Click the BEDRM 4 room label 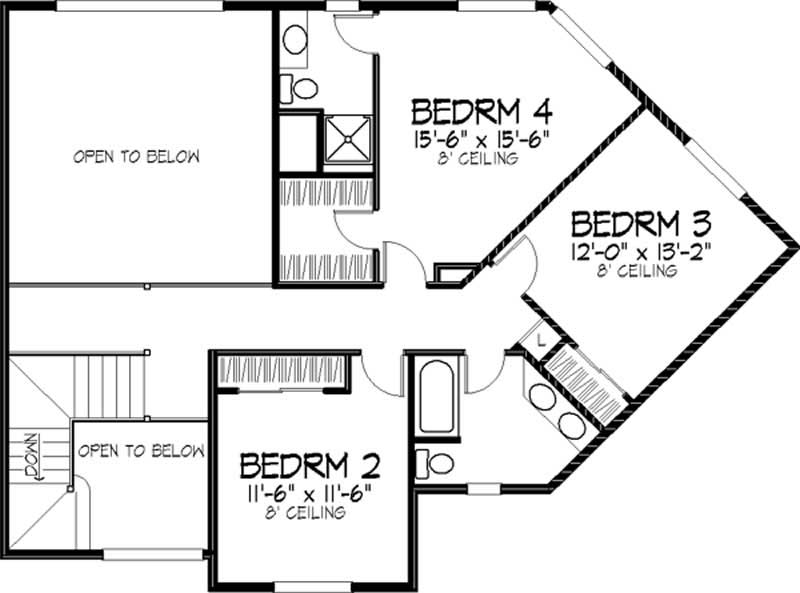[x=482, y=109]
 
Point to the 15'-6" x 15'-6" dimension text [x=482, y=137]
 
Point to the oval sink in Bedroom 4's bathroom [x=295, y=40]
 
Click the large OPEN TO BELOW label [x=137, y=157]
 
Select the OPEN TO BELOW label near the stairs [x=141, y=452]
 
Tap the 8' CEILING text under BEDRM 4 [x=482, y=158]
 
